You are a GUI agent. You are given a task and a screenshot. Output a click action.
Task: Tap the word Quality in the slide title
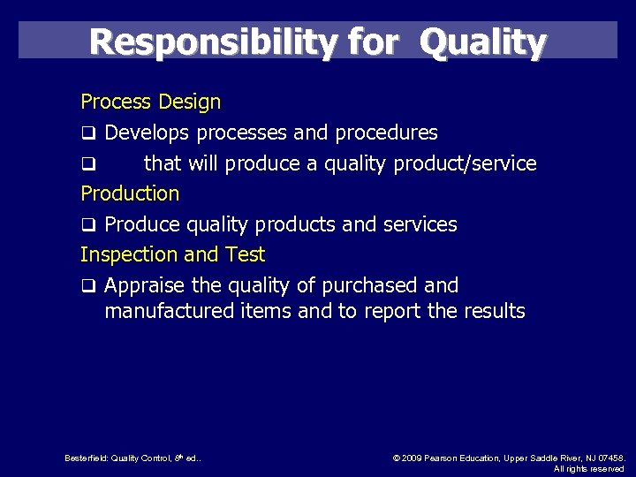pyautogui.click(x=483, y=42)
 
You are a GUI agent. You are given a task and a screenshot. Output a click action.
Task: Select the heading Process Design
pyautogui.click(x=150, y=102)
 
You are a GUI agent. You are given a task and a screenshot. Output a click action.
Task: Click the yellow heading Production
pyautogui.click(x=130, y=193)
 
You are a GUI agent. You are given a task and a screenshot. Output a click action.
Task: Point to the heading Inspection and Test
pyautogui.click(x=172, y=254)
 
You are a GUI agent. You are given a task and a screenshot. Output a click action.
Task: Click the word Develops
pyautogui.click(x=148, y=133)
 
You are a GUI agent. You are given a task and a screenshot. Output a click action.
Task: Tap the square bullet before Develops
pyautogui.click(x=88, y=134)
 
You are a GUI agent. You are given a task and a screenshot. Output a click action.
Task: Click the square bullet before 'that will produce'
pyautogui.click(x=88, y=164)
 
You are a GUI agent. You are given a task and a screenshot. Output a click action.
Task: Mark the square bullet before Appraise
pyautogui.click(x=88, y=286)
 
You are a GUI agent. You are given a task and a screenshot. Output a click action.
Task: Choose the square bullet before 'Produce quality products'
pyautogui.click(x=88, y=225)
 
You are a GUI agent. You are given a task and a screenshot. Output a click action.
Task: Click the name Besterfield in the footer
pyautogui.click(x=86, y=458)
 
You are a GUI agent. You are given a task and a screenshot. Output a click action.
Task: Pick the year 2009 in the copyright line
pyautogui.click(x=413, y=458)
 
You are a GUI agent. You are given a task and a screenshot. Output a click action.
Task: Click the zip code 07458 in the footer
pyautogui.click(x=609, y=458)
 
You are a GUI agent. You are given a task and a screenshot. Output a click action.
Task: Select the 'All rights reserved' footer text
pyautogui.click(x=589, y=469)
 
